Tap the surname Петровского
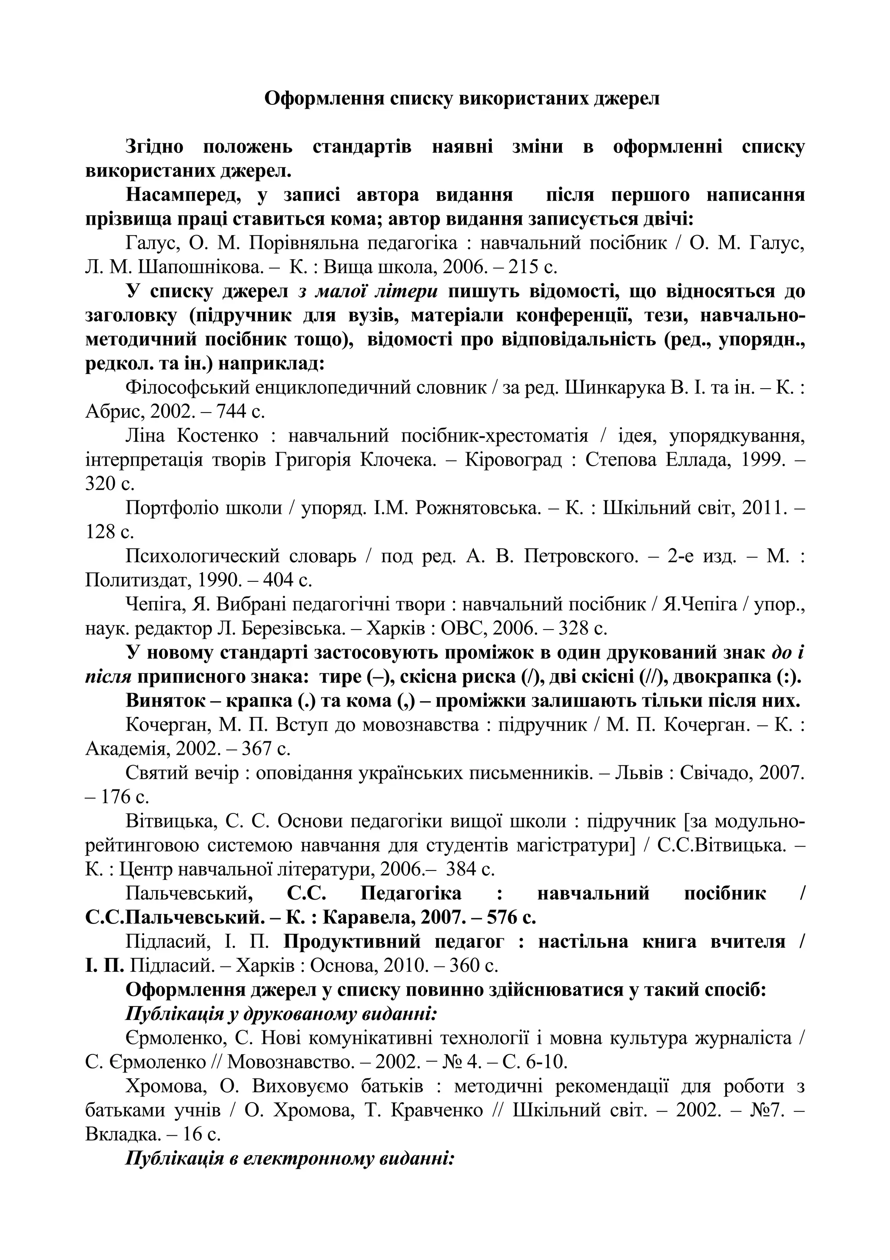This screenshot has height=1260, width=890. tap(581, 557)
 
